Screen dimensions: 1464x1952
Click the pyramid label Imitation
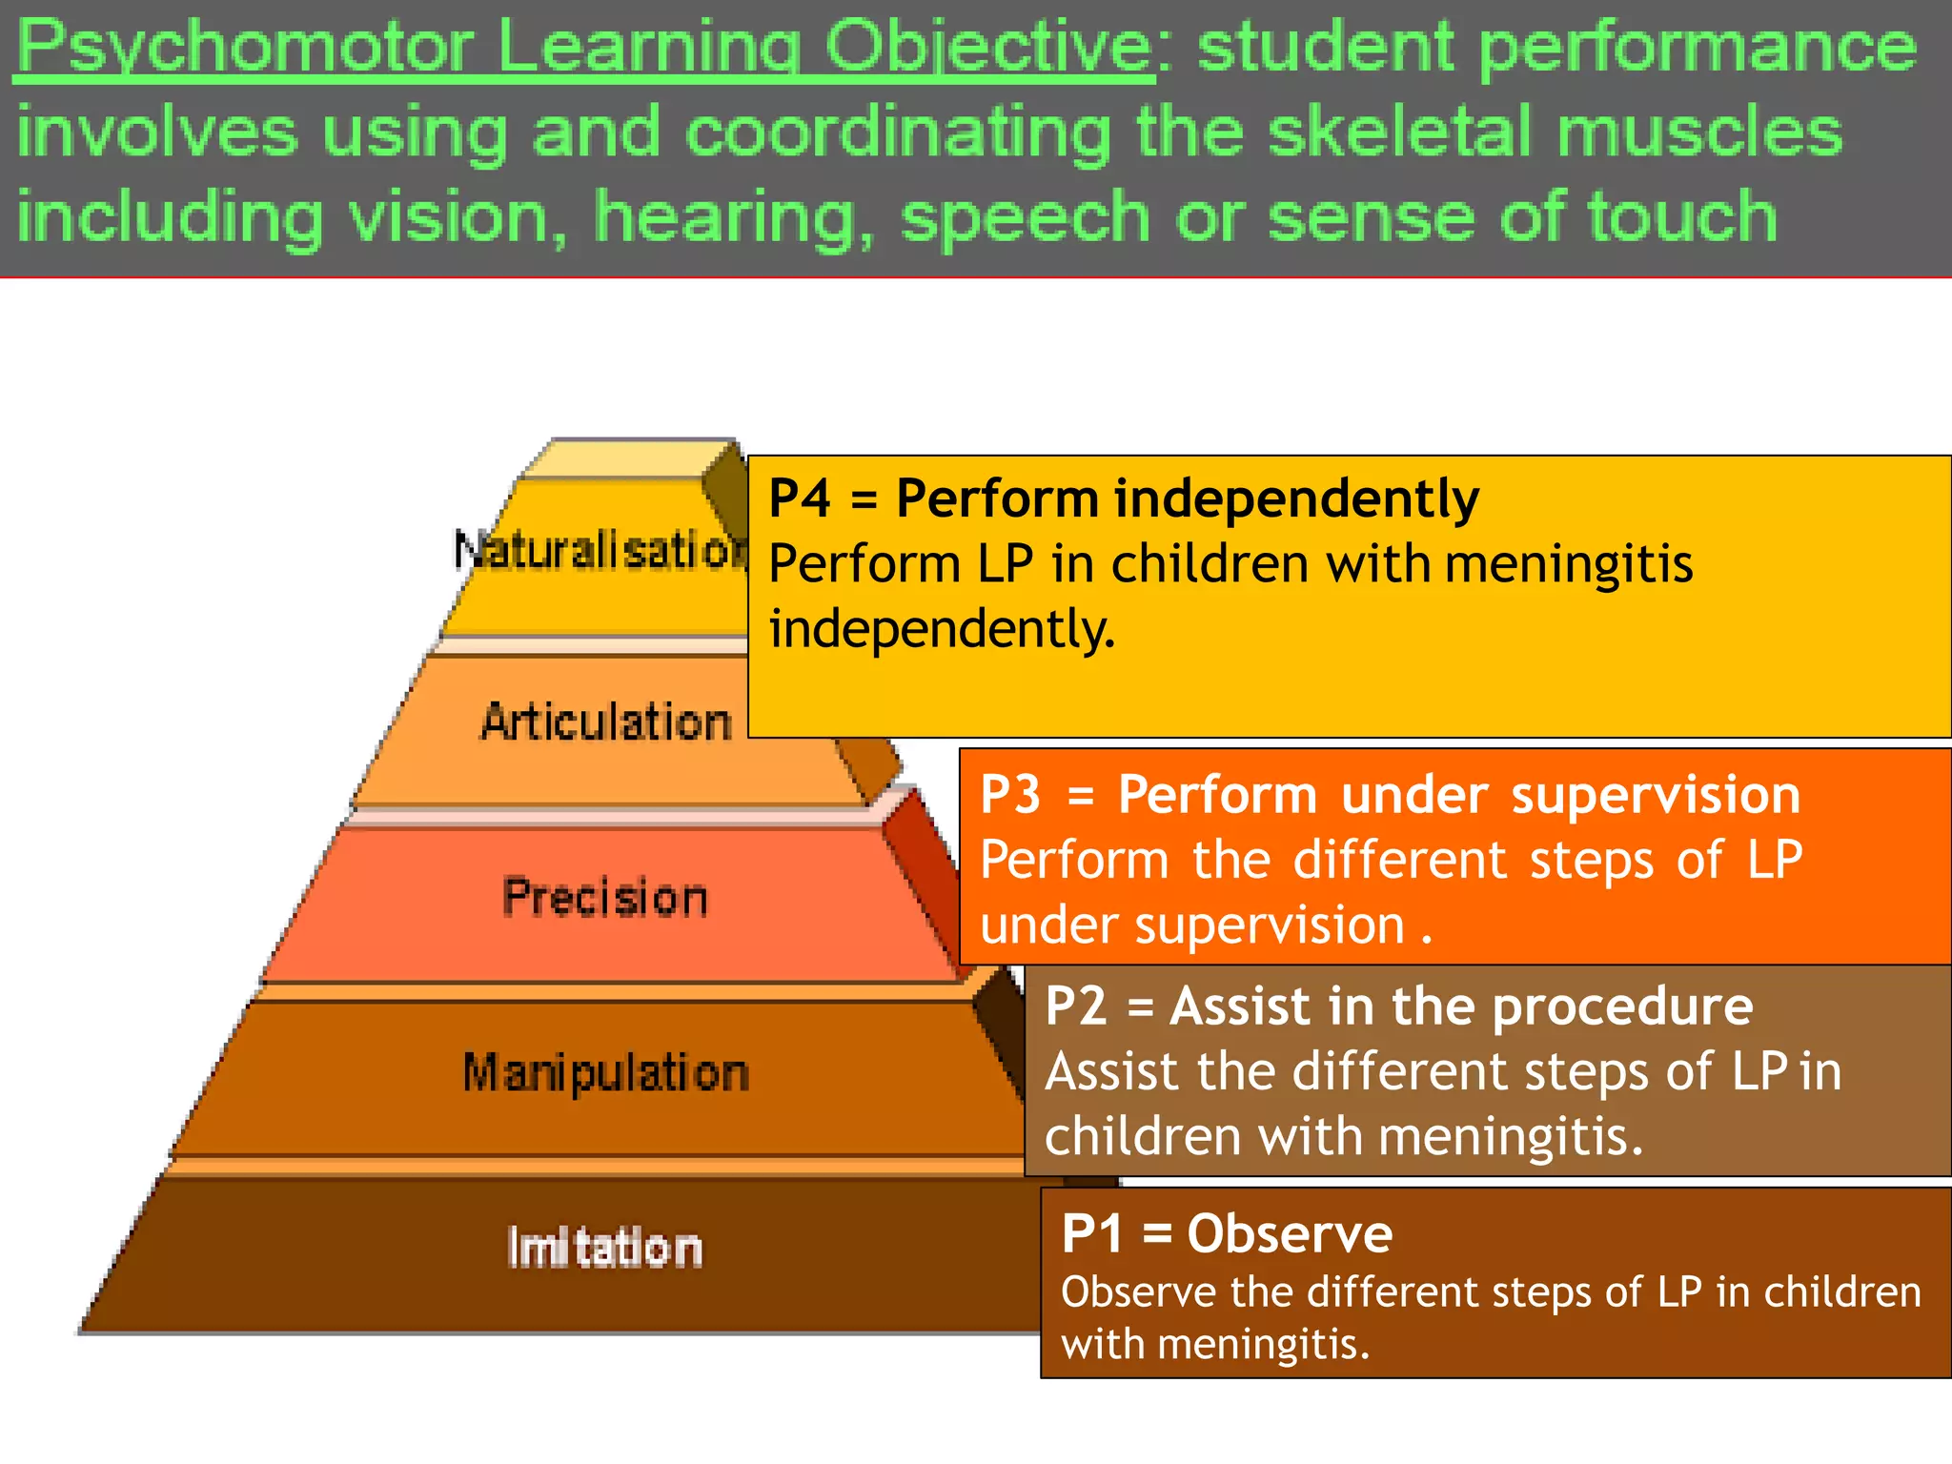605,1248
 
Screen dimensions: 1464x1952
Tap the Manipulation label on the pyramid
606,1072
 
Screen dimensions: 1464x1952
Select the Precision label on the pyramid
605,897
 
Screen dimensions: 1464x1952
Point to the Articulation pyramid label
606,722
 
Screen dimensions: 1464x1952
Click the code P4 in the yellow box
799,498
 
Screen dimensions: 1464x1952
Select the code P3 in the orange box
1010,794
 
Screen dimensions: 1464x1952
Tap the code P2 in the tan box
1075,1006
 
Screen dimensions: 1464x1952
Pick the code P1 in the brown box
1091,1233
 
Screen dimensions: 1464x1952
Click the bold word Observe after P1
1290,1233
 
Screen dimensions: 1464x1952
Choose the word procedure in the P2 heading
1622,1006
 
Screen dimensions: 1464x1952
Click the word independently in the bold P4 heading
1296,498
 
